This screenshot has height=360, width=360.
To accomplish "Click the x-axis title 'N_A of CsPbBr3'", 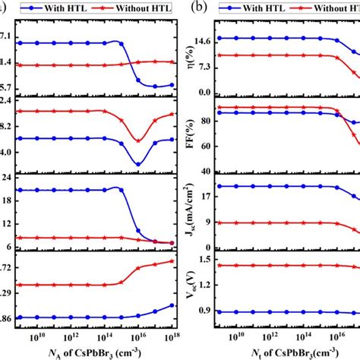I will click(x=94, y=351).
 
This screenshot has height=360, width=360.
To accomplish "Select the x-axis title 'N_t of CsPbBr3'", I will click(x=288, y=351).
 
